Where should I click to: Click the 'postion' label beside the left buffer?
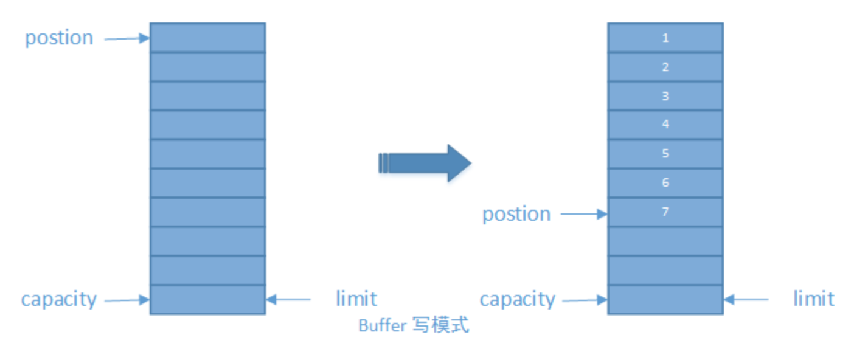click(59, 38)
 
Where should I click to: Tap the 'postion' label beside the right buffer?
click(516, 214)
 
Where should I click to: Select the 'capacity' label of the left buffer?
click(59, 299)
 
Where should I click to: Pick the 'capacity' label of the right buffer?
click(517, 299)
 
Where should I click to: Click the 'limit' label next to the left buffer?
click(356, 299)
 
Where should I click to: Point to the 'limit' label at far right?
click(813, 299)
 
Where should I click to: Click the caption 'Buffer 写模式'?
click(414, 325)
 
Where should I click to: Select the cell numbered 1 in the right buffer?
click(665, 38)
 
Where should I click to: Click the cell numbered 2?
click(665, 67)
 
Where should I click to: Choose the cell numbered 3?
click(665, 96)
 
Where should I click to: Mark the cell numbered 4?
click(665, 125)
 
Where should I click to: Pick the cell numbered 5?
click(665, 154)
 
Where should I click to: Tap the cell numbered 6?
click(665, 183)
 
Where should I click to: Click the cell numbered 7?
click(665, 212)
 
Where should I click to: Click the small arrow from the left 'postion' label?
click(127, 39)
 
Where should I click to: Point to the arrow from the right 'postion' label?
click(584, 213)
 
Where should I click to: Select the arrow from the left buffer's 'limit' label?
click(289, 299)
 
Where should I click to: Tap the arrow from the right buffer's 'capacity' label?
click(585, 299)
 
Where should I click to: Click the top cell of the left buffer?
click(207, 38)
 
